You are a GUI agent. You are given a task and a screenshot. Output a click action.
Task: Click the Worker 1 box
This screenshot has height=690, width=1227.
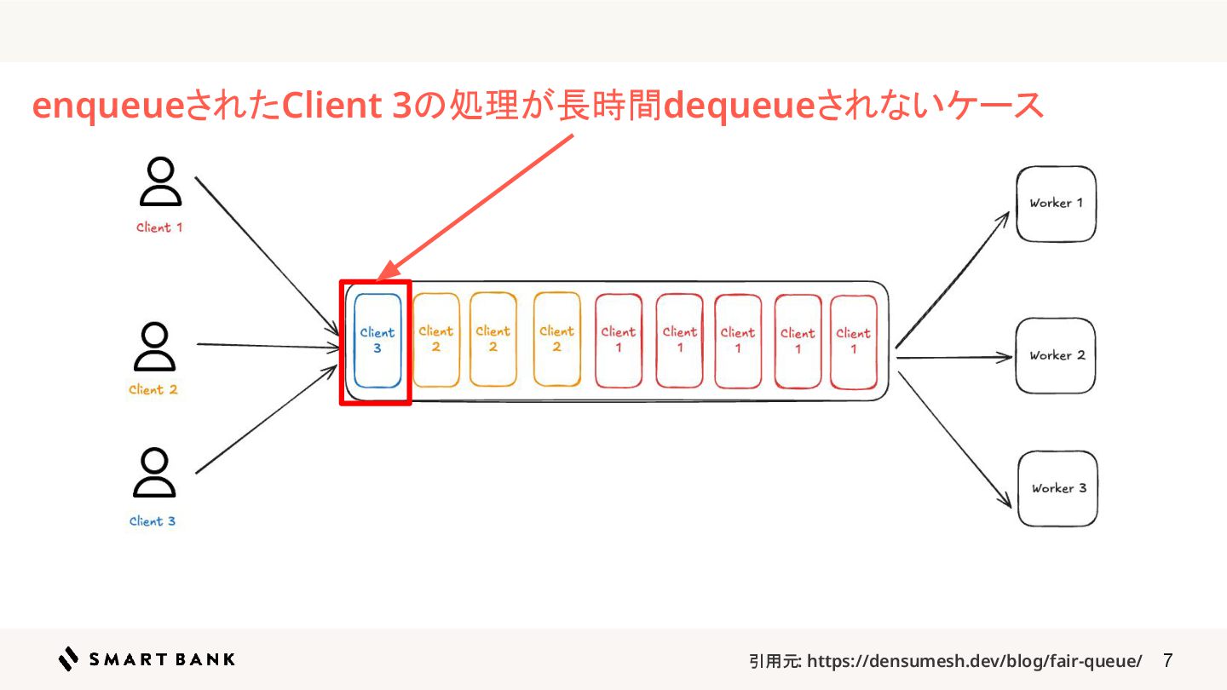tap(1056, 204)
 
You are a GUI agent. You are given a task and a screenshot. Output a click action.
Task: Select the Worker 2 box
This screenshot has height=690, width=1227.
tap(1056, 355)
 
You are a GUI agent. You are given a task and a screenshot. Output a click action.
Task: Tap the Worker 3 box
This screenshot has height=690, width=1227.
tap(1058, 488)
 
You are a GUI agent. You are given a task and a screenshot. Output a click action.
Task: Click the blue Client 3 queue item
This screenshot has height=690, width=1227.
tap(377, 341)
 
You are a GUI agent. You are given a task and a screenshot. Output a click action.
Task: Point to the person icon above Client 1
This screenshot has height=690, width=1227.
tap(160, 182)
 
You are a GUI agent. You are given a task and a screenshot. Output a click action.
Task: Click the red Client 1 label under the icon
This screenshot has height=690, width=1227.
tap(159, 227)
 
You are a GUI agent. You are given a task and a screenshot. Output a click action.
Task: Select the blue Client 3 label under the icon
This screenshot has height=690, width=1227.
tap(153, 521)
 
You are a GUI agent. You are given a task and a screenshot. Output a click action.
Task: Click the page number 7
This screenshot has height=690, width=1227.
tap(1167, 660)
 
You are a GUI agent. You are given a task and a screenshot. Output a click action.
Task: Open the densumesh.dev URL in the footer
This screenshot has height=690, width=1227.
tap(974, 661)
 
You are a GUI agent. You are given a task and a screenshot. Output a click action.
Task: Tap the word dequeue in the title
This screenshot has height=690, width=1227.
tap(740, 106)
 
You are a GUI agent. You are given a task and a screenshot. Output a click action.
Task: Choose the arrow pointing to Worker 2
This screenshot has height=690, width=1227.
tap(953, 358)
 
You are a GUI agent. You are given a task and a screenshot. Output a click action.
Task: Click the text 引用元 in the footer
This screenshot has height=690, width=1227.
tap(775, 661)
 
